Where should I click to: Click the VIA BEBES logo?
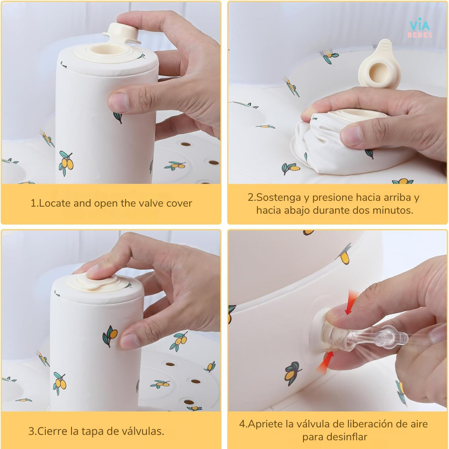[420, 28]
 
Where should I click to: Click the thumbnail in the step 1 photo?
[118, 102]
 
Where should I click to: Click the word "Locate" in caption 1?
[55, 203]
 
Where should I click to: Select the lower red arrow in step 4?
[325, 362]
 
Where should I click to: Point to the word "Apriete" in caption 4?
[265, 424]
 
